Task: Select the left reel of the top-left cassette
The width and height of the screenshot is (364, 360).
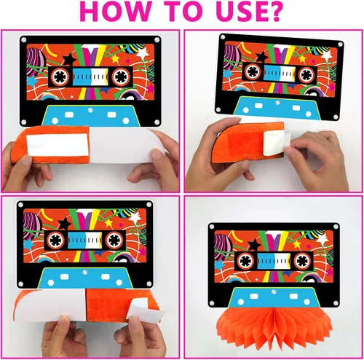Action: point(60,77)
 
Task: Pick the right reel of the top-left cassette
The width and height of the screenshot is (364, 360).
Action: point(121,77)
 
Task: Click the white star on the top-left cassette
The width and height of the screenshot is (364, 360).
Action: point(142,52)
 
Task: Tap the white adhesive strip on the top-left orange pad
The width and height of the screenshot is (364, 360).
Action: point(57,144)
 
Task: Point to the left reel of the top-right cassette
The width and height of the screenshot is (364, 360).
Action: point(253,71)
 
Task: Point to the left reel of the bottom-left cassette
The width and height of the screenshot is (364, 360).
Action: point(56,240)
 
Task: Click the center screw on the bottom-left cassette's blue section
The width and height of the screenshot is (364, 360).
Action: point(84,272)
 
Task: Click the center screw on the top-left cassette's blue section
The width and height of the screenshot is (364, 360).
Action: point(90,111)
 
